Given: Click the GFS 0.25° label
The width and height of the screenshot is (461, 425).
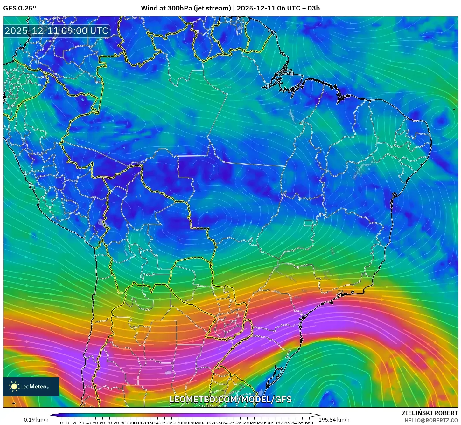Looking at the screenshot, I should point(19,8).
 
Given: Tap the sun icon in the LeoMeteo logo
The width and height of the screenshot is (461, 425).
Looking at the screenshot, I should point(14,387).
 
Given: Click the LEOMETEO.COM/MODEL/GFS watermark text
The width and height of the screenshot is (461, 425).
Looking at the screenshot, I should point(230,399).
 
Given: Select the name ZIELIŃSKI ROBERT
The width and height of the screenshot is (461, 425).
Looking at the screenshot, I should point(430,413).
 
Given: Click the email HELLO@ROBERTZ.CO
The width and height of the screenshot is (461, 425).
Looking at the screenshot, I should point(431,420).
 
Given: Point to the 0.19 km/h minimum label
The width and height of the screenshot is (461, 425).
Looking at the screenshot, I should point(36,420).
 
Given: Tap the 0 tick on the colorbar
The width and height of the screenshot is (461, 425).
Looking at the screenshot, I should point(61,423).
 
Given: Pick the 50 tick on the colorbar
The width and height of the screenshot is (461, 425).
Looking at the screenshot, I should point(95,423).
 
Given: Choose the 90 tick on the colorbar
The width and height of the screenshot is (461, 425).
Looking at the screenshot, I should point(122,423).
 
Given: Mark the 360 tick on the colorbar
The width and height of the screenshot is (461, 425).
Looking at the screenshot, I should point(309,423).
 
